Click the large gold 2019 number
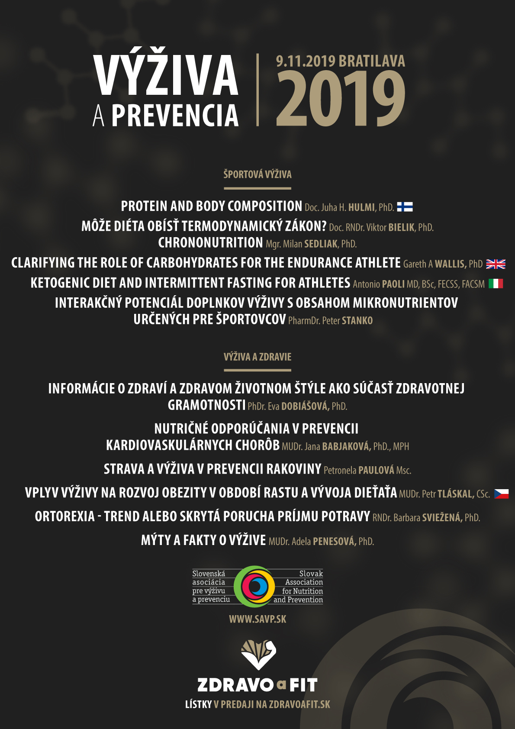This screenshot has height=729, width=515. pyautogui.click(x=341, y=99)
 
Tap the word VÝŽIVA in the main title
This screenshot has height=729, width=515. pyautogui.click(x=166, y=75)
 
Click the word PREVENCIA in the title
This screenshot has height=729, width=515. pyautogui.click(x=175, y=116)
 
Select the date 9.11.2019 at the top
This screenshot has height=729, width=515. pyautogui.click(x=306, y=61)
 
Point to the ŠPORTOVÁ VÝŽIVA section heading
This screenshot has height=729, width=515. pyautogui.click(x=257, y=174)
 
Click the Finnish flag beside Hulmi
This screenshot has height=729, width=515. pyautogui.click(x=405, y=207)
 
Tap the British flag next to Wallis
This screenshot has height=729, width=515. pyautogui.click(x=496, y=264)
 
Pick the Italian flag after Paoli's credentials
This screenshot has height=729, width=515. pyautogui.click(x=496, y=284)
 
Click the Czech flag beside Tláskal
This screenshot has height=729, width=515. pyautogui.click(x=502, y=494)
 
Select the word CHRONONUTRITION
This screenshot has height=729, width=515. pyautogui.click(x=210, y=243)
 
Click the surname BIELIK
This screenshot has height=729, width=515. pyautogui.click(x=401, y=227)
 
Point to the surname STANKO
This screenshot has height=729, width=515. pyautogui.click(x=357, y=321)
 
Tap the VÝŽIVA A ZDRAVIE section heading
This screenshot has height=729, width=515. pyautogui.click(x=257, y=357)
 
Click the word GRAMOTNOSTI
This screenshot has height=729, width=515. pyautogui.click(x=206, y=405)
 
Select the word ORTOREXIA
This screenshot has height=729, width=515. pyautogui.click(x=64, y=516)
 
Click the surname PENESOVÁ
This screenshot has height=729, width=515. pyautogui.click(x=334, y=541)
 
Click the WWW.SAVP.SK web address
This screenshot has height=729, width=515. pyautogui.click(x=257, y=619)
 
